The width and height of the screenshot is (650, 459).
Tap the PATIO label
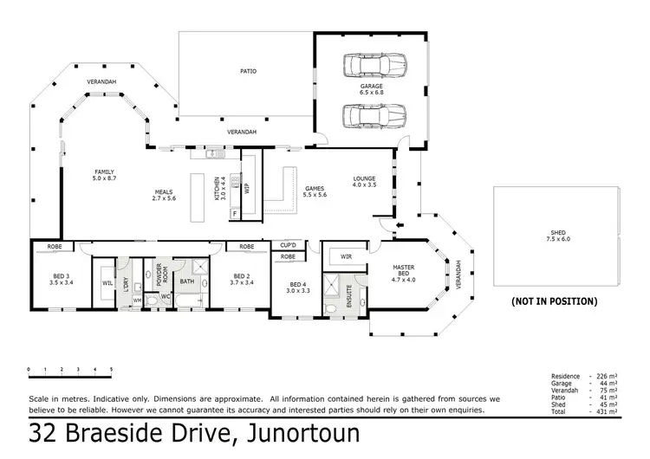click(248, 71)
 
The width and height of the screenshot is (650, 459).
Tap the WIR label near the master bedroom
click(346, 256)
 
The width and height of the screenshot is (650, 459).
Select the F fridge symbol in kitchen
click(234, 212)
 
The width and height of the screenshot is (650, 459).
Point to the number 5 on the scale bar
click(111, 370)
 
